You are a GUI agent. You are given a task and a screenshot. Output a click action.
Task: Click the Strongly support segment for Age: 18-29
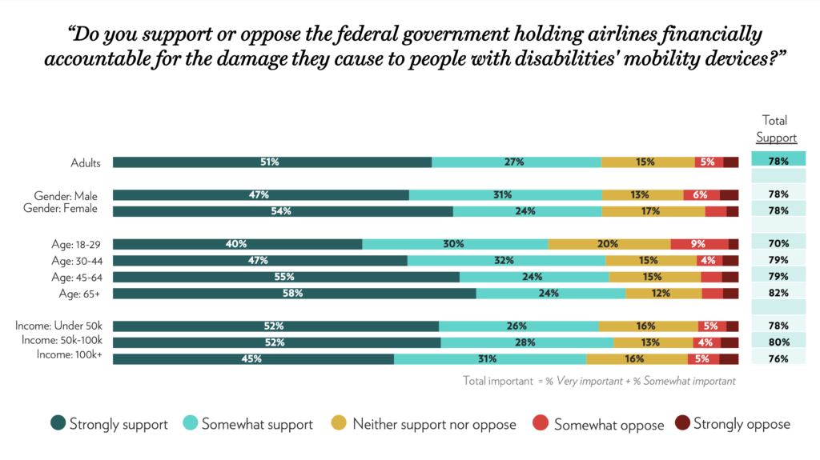(x=237, y=244)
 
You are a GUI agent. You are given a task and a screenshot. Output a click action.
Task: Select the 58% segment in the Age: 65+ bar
(x=294, y=294)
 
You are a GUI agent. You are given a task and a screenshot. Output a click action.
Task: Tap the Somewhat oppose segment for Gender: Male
(x=701, y=194)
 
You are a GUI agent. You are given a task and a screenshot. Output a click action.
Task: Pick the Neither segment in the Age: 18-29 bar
(x=609, y=244)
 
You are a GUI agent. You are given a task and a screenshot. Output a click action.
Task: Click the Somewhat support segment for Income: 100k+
(x=489, y=359)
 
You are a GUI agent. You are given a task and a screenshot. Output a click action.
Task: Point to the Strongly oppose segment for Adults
(x=730, y=162)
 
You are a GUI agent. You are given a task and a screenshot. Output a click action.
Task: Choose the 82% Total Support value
(x=778, y=294)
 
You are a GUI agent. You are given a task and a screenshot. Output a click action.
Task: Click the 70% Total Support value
(x=778, y=244)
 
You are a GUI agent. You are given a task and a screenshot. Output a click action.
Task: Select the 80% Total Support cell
(x=778, y=342)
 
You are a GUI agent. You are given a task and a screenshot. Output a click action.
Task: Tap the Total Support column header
(x=775, y=129)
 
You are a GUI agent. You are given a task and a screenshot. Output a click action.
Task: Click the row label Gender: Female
(x=66, y=210)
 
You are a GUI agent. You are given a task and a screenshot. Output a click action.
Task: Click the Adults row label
(x=86, y=163)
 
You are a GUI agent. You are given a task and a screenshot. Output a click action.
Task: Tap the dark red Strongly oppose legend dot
(x=682, y=423)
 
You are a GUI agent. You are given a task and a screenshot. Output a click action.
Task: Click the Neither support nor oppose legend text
(x=434, y=424)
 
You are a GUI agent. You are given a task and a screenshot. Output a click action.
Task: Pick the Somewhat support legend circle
(x=191, y=423)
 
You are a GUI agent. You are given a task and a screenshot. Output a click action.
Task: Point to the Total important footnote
(x=599, y=381)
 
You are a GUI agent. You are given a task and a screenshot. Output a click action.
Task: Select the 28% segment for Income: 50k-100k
(x=526, y=342)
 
